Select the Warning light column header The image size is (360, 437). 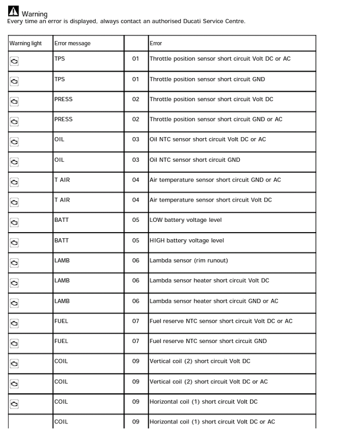point(26,43)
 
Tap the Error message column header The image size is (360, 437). point(72,43)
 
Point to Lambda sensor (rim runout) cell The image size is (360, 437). point(188,261)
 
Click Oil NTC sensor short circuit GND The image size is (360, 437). point(194,160)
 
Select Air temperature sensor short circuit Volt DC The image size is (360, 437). point(210,200)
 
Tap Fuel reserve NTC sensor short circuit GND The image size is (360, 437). point(208,341)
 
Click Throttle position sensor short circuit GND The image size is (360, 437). point(207,79)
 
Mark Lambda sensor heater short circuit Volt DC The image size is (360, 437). point(209,281)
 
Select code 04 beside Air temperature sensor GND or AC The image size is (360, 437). point(136,180)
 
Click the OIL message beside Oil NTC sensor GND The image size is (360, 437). point(59,160)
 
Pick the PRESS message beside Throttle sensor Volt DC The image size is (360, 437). point(63,99)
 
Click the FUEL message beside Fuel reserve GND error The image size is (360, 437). point(61,341)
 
